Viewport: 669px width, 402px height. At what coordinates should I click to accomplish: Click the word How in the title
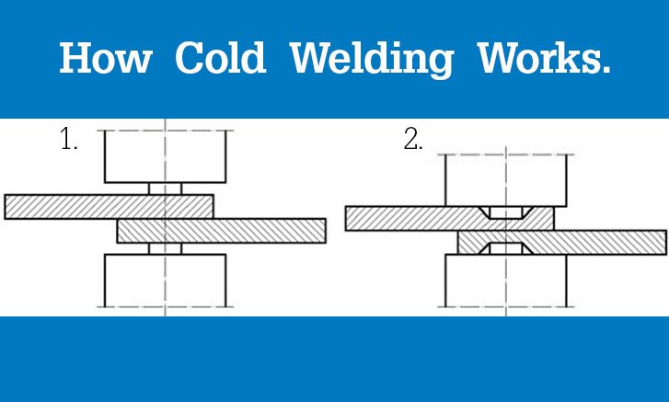pos(106,58)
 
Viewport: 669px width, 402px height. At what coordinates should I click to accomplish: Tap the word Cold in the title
pos(221,58)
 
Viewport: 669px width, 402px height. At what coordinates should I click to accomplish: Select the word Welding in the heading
pos(371,60)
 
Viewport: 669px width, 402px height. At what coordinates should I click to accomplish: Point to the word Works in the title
pos(538,58)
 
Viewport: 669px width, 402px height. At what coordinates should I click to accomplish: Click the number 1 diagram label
pos(68,139)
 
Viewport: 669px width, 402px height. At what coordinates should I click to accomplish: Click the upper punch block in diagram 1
pos(165,156)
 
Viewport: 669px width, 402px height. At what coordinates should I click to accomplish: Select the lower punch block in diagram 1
pos(165,281)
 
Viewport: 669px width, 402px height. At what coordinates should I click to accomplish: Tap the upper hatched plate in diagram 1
pos(109,207)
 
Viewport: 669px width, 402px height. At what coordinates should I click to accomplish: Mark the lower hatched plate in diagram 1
pos(222,231)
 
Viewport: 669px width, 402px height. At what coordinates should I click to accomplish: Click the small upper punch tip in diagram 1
pos(165,189)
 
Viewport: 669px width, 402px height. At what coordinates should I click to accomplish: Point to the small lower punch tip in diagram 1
pos(165,249)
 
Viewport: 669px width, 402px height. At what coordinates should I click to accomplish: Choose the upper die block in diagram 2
pos(506,180)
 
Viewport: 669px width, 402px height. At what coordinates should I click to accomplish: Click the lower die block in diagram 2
pos(506,281)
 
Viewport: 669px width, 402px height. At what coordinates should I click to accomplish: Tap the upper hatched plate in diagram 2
pos(450,219)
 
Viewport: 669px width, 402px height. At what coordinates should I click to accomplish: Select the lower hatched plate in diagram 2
pos(562,243)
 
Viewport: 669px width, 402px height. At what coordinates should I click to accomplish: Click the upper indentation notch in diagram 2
pos(506,212)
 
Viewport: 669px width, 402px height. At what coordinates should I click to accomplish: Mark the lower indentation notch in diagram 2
pos(506,248)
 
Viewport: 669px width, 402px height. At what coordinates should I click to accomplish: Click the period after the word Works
pos(606,70)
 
